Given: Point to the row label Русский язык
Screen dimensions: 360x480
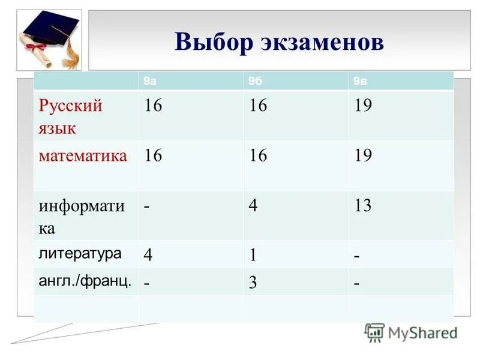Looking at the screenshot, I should click(x=71, y=116).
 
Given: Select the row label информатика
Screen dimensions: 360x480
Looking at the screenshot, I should click(x=82, y=217).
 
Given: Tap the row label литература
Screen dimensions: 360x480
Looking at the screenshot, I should click(x=80, y=253).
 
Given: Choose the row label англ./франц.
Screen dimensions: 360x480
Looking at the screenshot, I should click(x=85, y=281).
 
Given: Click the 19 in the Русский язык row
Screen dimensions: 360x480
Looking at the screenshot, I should click(x=363, y=106).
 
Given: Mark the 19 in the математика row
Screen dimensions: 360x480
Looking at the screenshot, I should click(x=363, y=156).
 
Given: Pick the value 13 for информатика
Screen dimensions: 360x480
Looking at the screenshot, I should click(x=363, y=206).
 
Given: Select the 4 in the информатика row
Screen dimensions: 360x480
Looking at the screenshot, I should click(x=253, y=206).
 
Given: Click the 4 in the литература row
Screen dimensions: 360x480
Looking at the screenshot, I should click(x=148, y=255).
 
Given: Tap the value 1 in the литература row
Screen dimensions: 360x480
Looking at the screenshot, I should click(x=253, y=255).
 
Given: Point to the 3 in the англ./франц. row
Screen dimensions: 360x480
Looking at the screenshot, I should click(x=253, y=283).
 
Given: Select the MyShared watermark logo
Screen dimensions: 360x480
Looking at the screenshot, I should click(x=411, y=332).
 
